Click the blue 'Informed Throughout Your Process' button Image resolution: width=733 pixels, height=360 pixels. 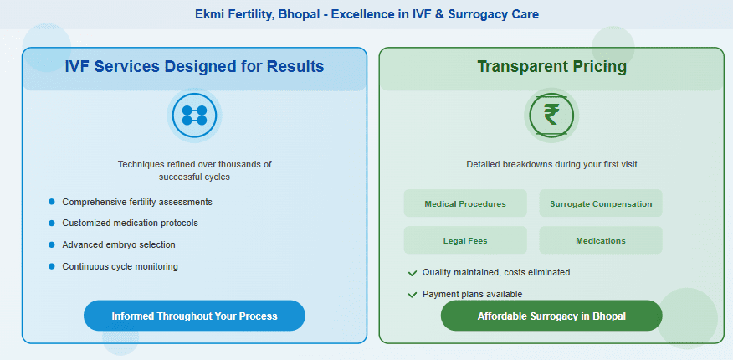click(194, 316)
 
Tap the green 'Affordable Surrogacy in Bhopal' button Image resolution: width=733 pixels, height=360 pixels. click(551, 316)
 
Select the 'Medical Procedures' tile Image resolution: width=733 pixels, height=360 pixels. click(465, 203)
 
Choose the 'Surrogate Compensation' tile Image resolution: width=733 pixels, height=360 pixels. click(600, 203)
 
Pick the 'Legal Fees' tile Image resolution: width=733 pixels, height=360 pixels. click(465, 240)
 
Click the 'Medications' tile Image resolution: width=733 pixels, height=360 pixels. click(600, 240)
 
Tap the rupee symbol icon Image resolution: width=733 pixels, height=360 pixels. click(551, 116)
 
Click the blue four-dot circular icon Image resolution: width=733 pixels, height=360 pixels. click(194, 116)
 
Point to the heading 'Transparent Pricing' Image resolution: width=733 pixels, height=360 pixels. click(551, 67)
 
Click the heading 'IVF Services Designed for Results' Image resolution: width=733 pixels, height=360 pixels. click(194, 67)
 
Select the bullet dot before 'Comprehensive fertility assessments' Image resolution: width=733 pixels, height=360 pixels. click(52, 202)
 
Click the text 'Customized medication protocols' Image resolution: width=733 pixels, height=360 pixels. click(130, 224)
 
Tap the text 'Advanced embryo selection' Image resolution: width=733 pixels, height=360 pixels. click(119, 245)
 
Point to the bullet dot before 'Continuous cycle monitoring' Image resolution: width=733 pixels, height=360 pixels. click(52, 266)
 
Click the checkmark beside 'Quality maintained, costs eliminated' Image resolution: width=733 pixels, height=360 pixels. click(412, 273)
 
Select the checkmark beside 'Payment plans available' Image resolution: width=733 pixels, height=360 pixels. click(412, 295)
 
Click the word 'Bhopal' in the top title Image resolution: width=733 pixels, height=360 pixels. click(287, 14)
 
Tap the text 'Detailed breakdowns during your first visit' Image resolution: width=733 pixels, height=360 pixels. click(551, 164)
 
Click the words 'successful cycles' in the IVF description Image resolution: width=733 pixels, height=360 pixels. click(194, 177)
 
